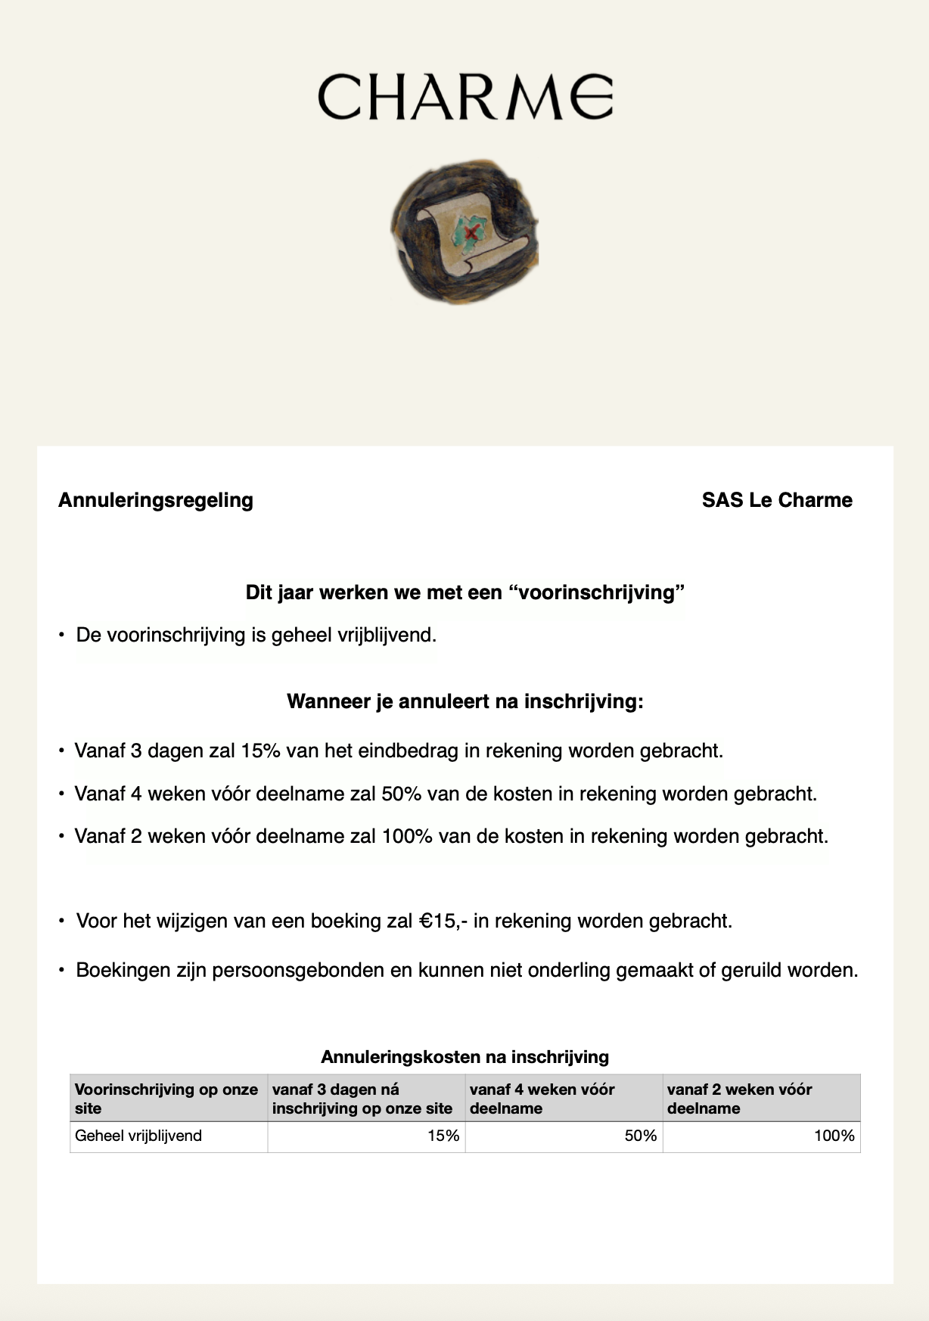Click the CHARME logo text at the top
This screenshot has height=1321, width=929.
coord(464,97)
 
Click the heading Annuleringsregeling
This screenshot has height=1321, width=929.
coord(156,500)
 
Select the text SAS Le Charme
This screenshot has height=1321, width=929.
coord(777,500)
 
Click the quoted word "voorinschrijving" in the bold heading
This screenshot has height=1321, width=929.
coord(597,592)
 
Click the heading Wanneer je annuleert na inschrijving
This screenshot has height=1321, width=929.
coord(464,701)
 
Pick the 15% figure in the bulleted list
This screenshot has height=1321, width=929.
coord(261,751)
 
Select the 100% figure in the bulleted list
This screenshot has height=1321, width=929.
coord(407,837)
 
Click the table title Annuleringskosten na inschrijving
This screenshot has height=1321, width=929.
coord(464,1057)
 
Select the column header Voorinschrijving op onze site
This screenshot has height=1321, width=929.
coord(166,1099)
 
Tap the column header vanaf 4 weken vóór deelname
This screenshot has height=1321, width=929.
coord(542,1099)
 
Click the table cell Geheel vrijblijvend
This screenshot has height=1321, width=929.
coord(138,1136)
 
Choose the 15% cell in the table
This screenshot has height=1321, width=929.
coord(443,1136)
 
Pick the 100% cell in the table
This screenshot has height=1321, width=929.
coord(834,1136)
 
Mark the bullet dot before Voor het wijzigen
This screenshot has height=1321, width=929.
coord(62,922)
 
